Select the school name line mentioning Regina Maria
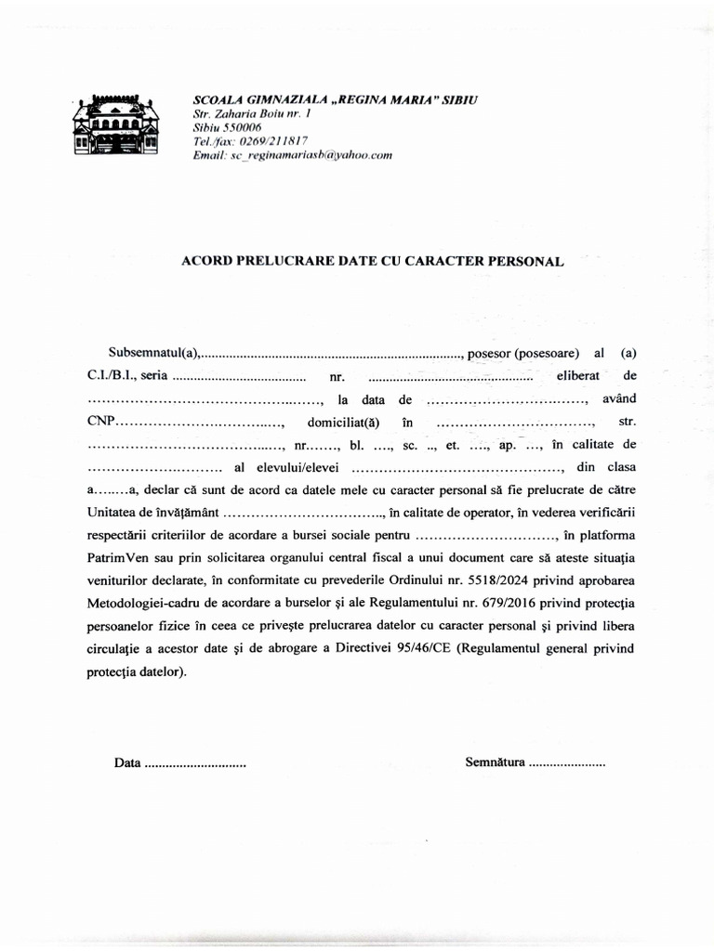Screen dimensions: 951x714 (x=335, y=99)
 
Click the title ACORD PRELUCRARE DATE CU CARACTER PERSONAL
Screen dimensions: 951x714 (x=372, y=262)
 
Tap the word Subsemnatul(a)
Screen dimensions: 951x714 (x=154, y=353)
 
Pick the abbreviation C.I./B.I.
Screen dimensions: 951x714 (x=112, y=376)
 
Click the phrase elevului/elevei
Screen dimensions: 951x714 (x=297, y=467)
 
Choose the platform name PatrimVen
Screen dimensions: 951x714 (x=120, y=558)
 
